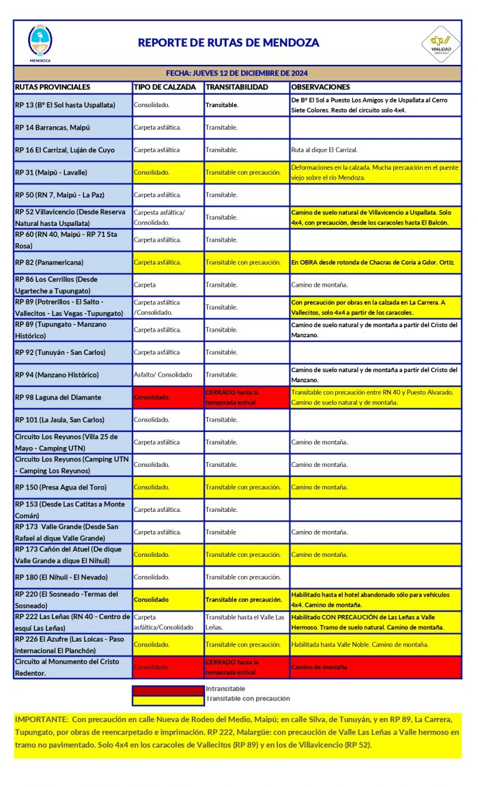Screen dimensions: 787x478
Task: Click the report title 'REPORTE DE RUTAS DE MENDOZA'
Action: [228, 42]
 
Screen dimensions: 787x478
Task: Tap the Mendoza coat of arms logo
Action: [40, 42]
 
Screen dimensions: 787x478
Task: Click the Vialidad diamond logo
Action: [440, 44]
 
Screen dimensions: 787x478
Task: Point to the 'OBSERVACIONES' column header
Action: [320, 87]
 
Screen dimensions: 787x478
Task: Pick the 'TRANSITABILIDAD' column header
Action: [237, 87]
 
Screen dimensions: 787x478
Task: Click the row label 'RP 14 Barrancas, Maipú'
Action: [53, 128]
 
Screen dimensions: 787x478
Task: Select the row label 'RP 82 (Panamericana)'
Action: [50, 262]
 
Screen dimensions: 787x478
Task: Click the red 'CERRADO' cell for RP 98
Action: [246, 397]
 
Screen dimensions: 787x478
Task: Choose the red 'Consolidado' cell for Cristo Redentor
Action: [167, 667]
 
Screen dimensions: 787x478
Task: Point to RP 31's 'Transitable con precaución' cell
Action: [246, 173]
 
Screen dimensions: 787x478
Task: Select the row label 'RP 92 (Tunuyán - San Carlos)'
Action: [62, 352]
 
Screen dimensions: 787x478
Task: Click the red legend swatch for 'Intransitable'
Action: [168, 689]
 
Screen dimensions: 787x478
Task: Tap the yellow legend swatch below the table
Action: [168, 699]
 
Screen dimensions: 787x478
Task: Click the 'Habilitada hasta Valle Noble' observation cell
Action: [360, 644]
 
